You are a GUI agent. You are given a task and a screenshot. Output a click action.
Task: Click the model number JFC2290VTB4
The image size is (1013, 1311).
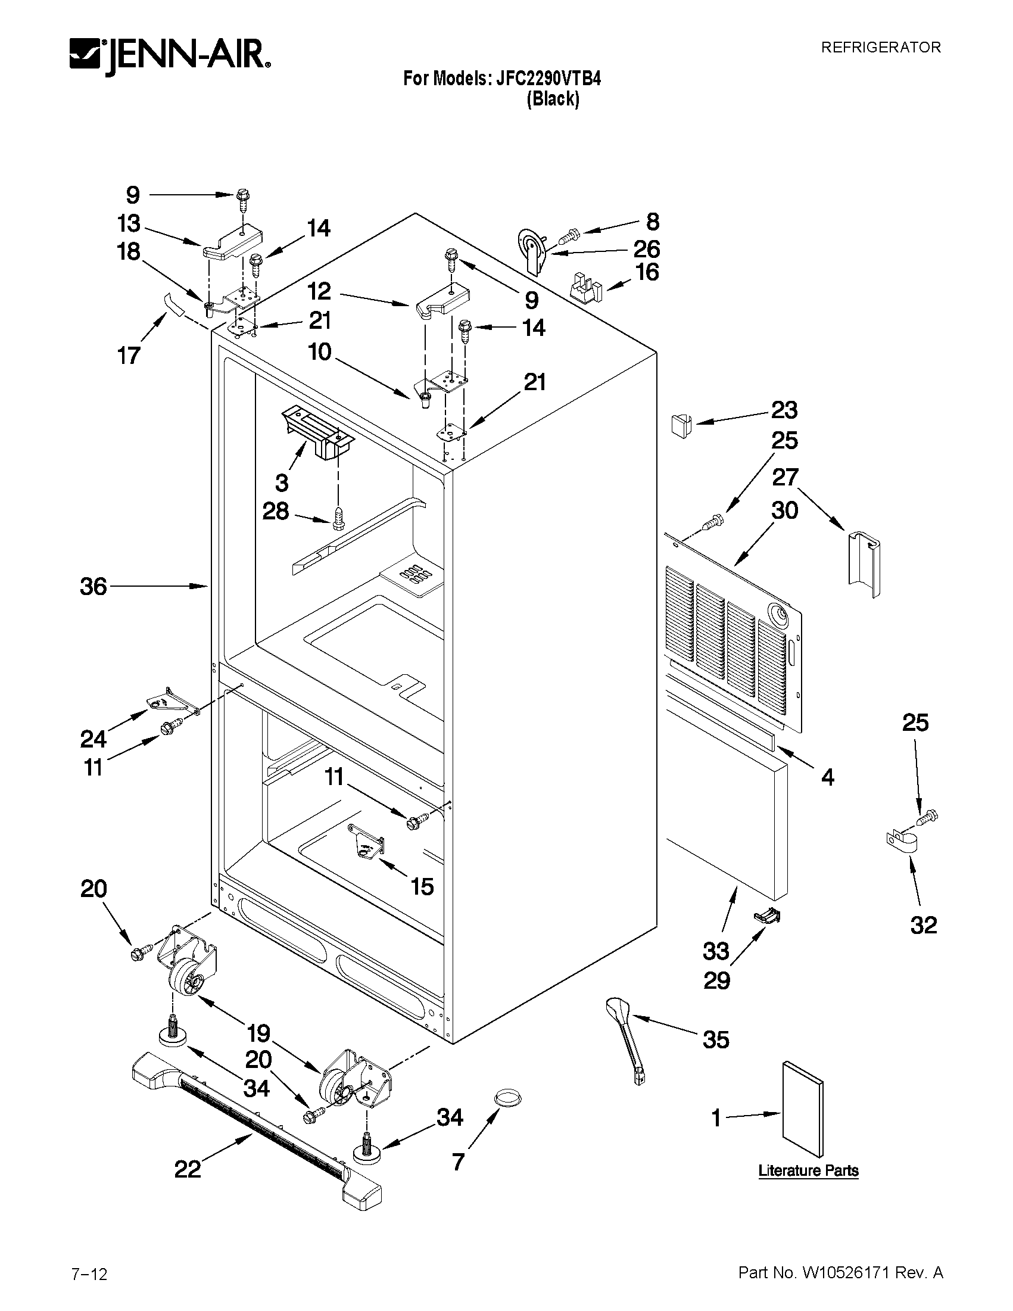547,79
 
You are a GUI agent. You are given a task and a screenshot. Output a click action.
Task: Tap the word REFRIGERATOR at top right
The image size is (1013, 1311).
880,48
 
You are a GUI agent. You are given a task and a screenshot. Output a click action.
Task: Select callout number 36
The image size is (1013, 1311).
93,587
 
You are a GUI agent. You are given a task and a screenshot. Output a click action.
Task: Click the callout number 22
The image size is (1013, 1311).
187,1169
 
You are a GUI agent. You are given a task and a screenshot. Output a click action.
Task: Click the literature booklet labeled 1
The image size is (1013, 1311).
802,1108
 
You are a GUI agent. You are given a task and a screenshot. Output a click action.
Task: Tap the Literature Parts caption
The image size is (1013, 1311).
808,1170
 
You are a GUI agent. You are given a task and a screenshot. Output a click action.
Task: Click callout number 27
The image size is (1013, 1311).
785,477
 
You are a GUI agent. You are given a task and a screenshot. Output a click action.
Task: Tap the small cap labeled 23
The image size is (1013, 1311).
680,425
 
